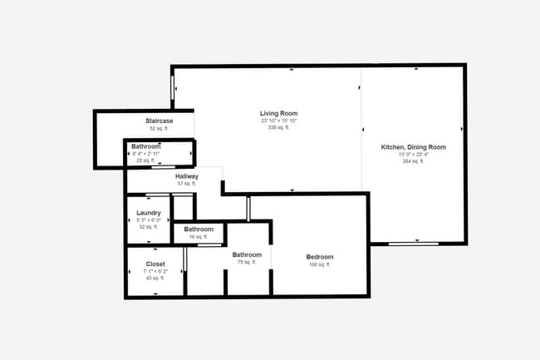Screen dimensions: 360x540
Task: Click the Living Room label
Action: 278,113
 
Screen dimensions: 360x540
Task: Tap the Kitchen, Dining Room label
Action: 413,147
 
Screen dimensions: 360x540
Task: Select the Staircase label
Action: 159,121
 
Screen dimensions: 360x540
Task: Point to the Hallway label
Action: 186,176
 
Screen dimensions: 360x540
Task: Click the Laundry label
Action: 148,213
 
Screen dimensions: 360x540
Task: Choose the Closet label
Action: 155,264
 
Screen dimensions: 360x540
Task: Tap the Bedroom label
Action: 320,257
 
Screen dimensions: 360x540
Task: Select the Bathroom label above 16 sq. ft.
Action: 199,229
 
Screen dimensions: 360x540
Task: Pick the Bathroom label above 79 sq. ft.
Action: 247,254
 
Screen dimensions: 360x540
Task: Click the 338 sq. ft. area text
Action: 278,127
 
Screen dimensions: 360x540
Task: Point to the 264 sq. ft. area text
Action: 413,161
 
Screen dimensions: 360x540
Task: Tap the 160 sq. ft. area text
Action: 320,264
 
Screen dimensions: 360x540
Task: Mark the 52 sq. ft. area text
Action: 159,129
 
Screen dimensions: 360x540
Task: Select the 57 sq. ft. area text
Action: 186,184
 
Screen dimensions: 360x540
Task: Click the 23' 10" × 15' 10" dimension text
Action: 278,121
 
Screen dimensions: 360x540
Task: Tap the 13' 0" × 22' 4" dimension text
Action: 413,155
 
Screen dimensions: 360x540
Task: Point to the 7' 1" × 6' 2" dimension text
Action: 155,271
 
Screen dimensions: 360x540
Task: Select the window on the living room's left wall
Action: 173,86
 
